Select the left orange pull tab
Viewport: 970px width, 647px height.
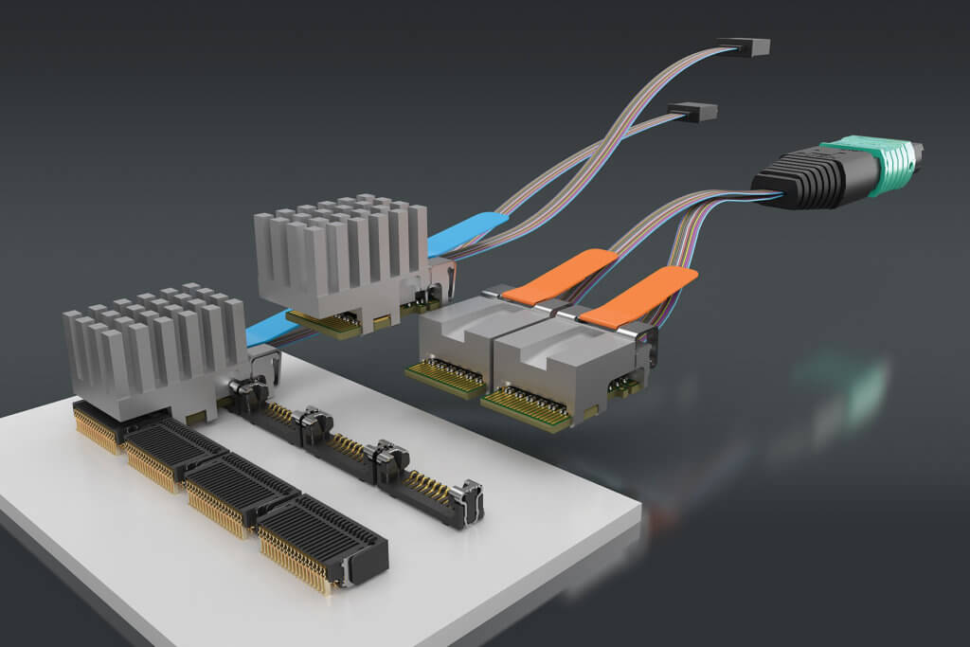point(559,277)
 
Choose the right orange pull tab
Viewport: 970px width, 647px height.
point(638,296)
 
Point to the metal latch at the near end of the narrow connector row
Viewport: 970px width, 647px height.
point(467,502)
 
